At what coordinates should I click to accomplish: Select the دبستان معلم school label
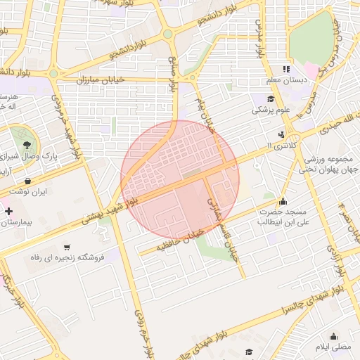coord(290,80)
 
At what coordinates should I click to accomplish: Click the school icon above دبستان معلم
coord(285,69)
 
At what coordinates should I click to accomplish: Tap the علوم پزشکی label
coord(271,110)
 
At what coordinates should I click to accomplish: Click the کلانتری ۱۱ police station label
coord(283,145)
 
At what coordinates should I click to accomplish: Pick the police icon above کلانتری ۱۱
coord(282,134)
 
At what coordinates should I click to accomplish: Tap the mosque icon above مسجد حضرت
coord(283,201)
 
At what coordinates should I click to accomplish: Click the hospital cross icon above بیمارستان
coord(8,211)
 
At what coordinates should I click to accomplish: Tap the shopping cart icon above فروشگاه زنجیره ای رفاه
coord(66,247)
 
